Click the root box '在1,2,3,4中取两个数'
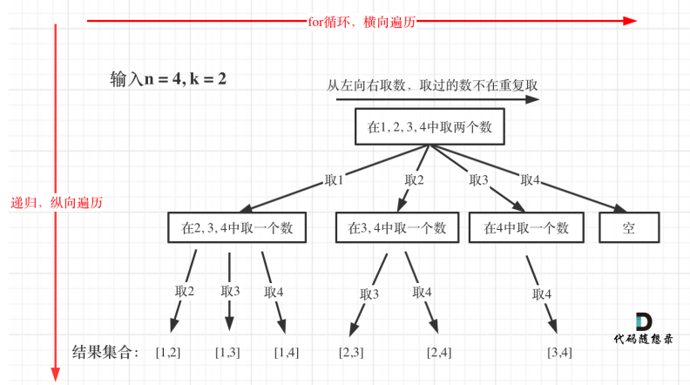click(x=430, y=126)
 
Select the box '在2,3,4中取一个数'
click(x=237, y=227)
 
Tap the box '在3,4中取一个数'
click(x=397, y=227)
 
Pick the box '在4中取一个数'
click(x=526, y=227)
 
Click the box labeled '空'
click(x=629, y=227)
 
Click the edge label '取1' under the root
click(x=334, y=180)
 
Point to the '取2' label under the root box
click(x=414, y=180)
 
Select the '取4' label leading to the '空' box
click(x=530, y=180)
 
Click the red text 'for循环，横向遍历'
click(x=362, y=22)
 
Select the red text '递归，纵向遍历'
click(x=57, y=203)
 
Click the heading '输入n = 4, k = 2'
click(x=168, y=79)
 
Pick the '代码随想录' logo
click(x=643, y=329)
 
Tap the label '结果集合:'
click(x=105, y=352)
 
